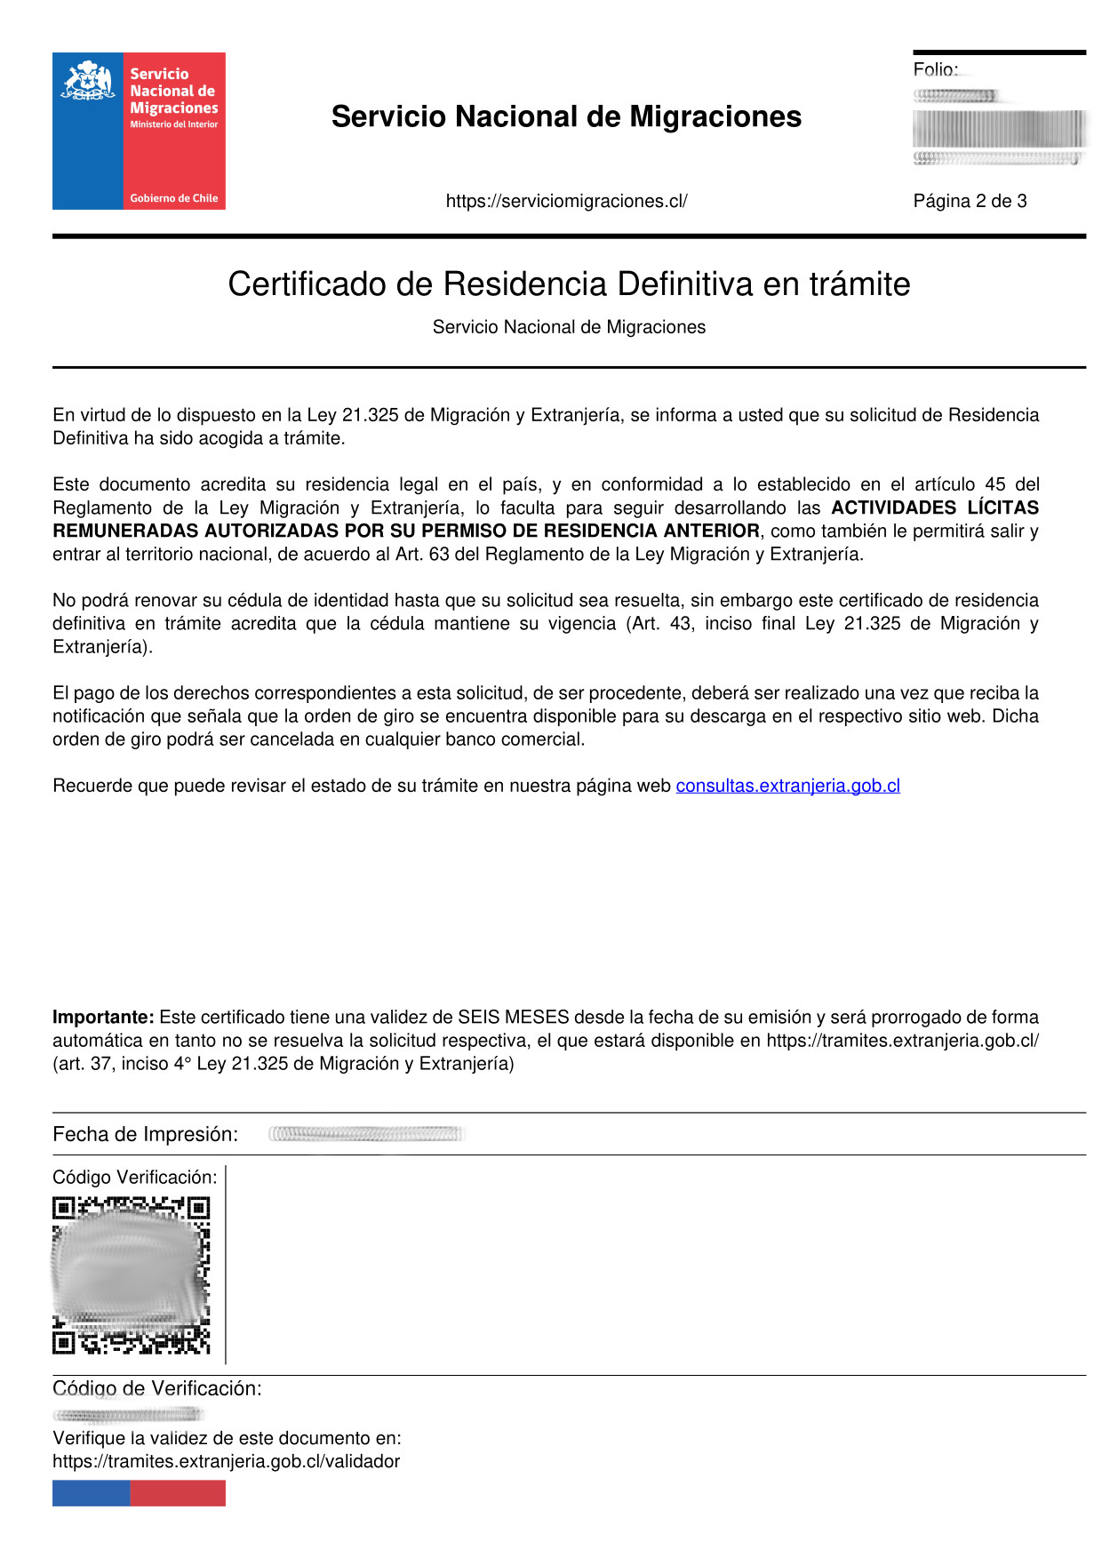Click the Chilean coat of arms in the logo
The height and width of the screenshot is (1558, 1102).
pos(87,81)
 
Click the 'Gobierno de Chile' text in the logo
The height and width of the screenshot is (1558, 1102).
pos(173,198)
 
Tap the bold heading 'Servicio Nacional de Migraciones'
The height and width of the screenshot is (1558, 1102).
pos(566,116)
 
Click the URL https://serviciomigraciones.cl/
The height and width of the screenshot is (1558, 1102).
pos(566,201)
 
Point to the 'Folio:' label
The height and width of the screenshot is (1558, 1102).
pos(935,69)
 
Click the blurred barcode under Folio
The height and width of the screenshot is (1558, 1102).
pos(999,129)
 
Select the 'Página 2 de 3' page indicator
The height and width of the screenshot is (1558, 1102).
pos(970,201)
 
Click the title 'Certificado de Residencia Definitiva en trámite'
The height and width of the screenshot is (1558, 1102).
pos(569,284)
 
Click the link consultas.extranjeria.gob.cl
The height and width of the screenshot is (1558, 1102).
pos(787,786)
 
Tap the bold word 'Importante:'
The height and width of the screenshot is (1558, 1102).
pos(103,1017)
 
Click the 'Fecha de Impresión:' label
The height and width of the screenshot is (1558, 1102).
pos(145,1134)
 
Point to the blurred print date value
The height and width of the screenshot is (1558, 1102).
pos(365,1134)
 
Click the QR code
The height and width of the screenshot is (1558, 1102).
pos(131,1275)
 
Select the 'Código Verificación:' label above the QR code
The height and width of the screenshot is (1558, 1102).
pos(134,1177)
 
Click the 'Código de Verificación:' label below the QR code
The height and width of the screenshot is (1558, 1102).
pos(156,1388)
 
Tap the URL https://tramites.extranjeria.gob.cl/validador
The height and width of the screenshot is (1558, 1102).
pos(226,1461)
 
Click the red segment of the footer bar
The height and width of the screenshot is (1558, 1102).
pos(178,1493)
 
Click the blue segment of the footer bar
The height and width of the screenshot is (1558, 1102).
pos(91,1493)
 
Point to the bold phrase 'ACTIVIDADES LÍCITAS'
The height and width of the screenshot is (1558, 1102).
pos(934,507)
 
